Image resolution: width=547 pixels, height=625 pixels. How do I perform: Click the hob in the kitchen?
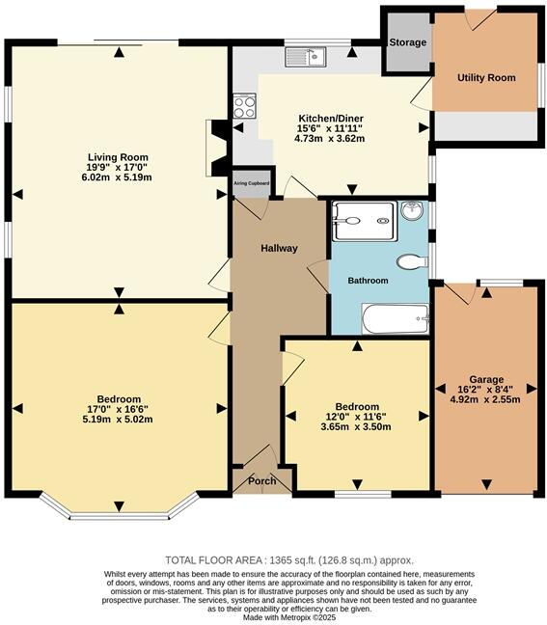pyautogui.click(x=244, y=105)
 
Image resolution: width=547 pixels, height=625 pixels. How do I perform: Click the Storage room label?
pyautogui.click(x=406, y=43)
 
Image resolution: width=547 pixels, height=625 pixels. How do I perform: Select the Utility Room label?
pyautogui.click(x=487, y=77)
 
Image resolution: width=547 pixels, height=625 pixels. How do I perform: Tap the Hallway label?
pyautogui.click(x=279, y=248)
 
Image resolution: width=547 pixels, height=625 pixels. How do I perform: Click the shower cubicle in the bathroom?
pyautogui.click(x=363, y=221)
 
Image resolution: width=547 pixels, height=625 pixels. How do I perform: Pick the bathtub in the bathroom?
pyautogui.click(x=395, y=317)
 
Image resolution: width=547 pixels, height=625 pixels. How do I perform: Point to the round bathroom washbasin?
pyautogui.click(x=412, y=209)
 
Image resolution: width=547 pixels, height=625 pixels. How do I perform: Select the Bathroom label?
pyautogui.click(x=368, y=281)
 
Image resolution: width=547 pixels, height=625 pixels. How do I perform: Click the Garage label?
pyautogui.click(x=486, y=379)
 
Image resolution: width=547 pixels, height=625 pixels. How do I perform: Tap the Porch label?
pyautogui.click(x=261, y=480)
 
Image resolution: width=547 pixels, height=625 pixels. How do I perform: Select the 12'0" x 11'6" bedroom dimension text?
pyautogui.click(x=357, y=417)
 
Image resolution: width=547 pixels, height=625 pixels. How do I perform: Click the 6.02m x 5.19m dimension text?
pyautogui.click(x=117, y=177)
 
